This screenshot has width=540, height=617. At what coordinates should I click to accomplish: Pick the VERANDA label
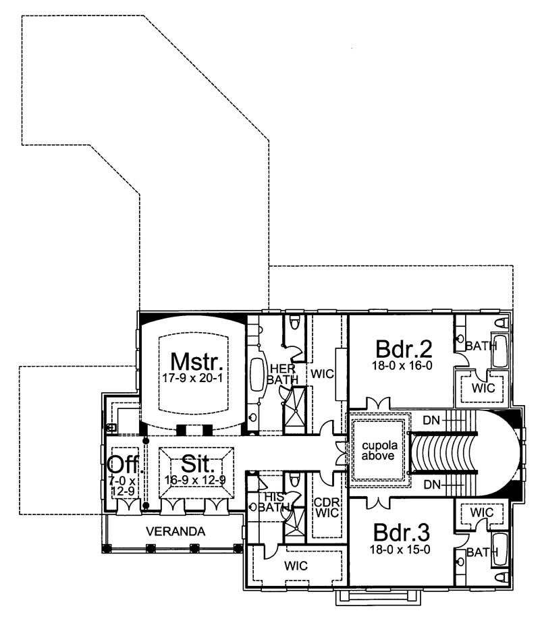(175, 531)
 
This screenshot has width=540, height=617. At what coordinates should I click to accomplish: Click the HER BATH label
(279, 373)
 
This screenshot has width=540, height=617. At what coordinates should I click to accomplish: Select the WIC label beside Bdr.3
(482, 512)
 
